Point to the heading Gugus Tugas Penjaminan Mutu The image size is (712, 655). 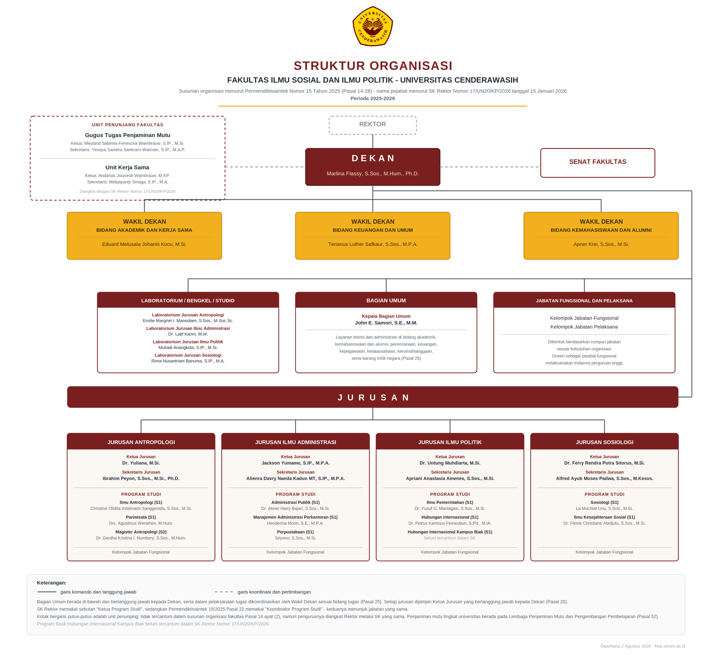point(128,135)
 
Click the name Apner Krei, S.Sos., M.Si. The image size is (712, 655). point(601,244)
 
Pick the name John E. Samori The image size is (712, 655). point(386,323)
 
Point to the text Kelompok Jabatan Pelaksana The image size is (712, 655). point(584,327)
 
